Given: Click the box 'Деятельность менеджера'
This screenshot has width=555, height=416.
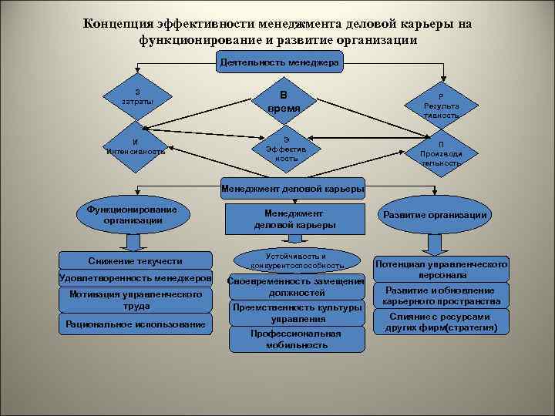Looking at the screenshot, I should [x=278, y=61].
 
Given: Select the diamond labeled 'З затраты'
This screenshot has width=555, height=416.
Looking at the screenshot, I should [x=136, y=97].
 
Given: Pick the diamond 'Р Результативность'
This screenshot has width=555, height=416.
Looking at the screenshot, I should [x=441, y=102].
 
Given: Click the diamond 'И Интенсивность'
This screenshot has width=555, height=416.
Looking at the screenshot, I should [x=136, y=146].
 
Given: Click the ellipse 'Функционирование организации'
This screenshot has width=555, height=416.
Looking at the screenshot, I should [x=132, y=214].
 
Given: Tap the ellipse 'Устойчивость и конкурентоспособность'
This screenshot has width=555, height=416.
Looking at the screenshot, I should [x=297, y=260].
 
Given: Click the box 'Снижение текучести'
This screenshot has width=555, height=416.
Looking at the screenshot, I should [x=135, y=261].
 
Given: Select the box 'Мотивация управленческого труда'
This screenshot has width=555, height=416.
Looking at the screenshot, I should [x=136, y=300].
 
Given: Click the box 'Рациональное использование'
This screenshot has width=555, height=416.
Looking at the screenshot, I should [x=136, y=324].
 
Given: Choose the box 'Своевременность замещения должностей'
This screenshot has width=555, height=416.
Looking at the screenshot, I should [x=296, y=287].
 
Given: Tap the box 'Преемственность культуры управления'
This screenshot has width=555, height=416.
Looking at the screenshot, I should [x=296, y=313].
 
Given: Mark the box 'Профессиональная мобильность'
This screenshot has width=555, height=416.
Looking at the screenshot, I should [x=296, y=339].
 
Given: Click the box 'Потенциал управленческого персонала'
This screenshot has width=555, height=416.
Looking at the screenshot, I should [x=441, y=269].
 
